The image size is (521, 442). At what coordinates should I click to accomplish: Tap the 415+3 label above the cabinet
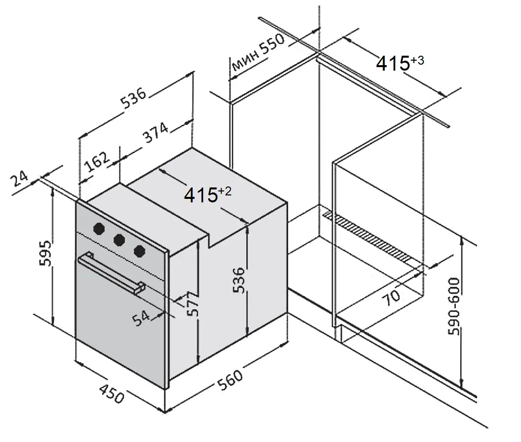click(x=400, y=63)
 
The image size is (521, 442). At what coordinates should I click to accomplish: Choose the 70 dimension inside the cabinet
click(x=393, y=296)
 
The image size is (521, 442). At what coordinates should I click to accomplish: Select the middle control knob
click(x=119, y=240)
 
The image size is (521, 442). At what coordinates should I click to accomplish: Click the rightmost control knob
click(x=139, y=251)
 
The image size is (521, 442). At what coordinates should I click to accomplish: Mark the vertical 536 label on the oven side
click(x=239, y=281)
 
